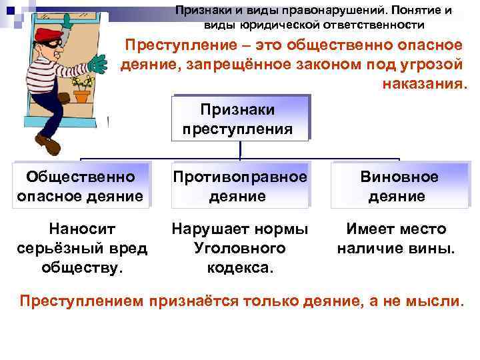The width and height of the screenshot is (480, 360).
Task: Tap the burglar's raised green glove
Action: coord(98,63)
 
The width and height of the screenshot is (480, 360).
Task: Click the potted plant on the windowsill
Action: coord(81,90)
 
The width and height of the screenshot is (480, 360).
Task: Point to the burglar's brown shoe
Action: coord(47,143)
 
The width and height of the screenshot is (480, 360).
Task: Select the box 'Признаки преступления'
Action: coord(237,118)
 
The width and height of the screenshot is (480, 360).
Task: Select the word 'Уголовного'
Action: coord(239,248)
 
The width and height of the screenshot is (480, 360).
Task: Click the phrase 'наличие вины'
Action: coord(396,249)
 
